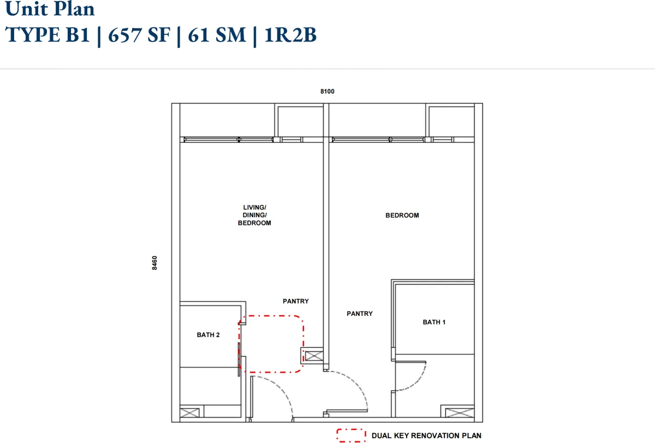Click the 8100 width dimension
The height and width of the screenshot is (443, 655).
pos(327,92)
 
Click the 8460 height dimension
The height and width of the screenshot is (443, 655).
pos(154,263)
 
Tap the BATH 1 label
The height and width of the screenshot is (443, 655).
pos(434,322)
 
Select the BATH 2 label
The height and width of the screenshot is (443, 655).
pos(208,335)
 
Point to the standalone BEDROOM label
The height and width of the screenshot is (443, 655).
pos(402,215)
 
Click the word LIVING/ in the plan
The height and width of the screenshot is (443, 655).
pos(255,207)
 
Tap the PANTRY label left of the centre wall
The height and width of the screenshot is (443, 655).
pos(296,301)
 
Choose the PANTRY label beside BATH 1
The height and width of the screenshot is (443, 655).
pos(360,314)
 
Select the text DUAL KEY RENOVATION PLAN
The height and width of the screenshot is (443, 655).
pos(426,436)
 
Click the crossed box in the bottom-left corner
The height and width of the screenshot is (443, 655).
pos(190,413)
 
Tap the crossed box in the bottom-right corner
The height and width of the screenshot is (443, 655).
pos(460,413)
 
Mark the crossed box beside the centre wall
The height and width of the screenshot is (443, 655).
pos(314,356)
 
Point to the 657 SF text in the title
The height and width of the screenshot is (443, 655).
pos(139,35)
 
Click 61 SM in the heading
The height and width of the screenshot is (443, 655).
pos(217,35)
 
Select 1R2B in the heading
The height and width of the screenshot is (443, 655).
pos(290,35)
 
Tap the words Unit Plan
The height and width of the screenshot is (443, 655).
pos(50,9)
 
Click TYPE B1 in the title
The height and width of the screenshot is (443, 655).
pos(47,35)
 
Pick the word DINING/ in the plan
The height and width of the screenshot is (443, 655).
pos(255,215)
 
